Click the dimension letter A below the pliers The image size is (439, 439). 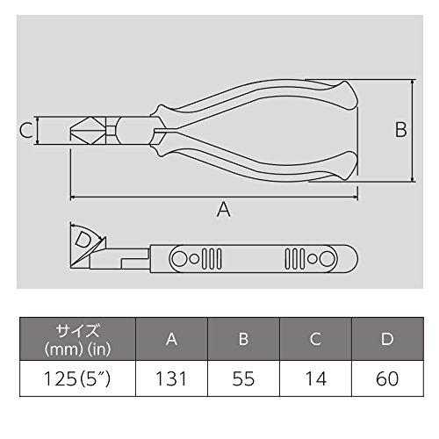coord(224,209)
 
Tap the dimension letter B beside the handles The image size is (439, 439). coord(401,130)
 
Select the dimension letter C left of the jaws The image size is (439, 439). coord(25,130)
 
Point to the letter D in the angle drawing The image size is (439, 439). coord(83,240)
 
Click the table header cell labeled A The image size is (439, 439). coord(171,339)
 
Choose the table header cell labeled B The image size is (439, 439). coord(243,339)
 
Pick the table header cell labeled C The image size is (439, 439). coord(315,339)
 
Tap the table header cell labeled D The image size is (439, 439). coord(387,339)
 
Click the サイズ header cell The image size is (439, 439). coord(77,339)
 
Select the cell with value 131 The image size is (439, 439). coord(171,378)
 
